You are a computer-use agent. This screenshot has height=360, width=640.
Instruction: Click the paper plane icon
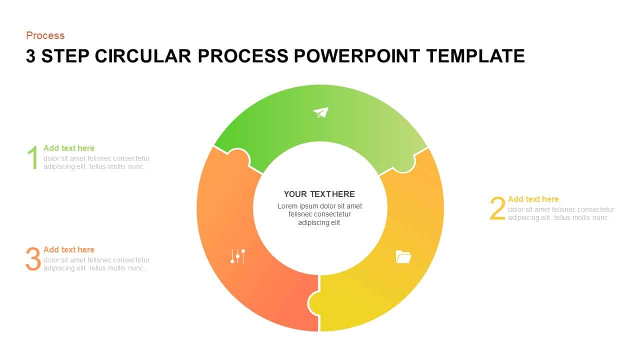click(321, 112)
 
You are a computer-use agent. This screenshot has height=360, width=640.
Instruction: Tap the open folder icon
click(403, 256)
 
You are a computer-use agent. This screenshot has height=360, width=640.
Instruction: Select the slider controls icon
click(237, 256)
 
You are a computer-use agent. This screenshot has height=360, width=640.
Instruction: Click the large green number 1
click(32, 157)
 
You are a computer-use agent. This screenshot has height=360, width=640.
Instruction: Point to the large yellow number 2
click(497, 208)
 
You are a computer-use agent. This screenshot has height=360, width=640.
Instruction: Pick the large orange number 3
click(33, 259)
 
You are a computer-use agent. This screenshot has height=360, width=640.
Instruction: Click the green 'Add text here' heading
click(68, 148)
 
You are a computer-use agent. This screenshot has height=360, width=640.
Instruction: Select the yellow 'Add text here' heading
click(533, 199)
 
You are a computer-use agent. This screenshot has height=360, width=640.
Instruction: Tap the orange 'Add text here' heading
click(68, 249)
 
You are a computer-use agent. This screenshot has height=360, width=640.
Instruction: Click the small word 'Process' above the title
click(45, 35)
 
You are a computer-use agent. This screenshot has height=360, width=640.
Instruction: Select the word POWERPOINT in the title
click(357, 56)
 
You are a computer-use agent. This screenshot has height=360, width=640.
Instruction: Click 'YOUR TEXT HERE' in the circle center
click(319, 194)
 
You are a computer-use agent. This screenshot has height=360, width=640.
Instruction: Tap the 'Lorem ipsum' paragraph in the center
click(319, 214)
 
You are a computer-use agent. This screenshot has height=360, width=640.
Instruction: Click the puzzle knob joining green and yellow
click(404, 163)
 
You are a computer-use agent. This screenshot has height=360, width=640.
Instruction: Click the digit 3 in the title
click(30, 56)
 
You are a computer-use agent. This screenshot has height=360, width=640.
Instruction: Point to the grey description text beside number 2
click(561, 213)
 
